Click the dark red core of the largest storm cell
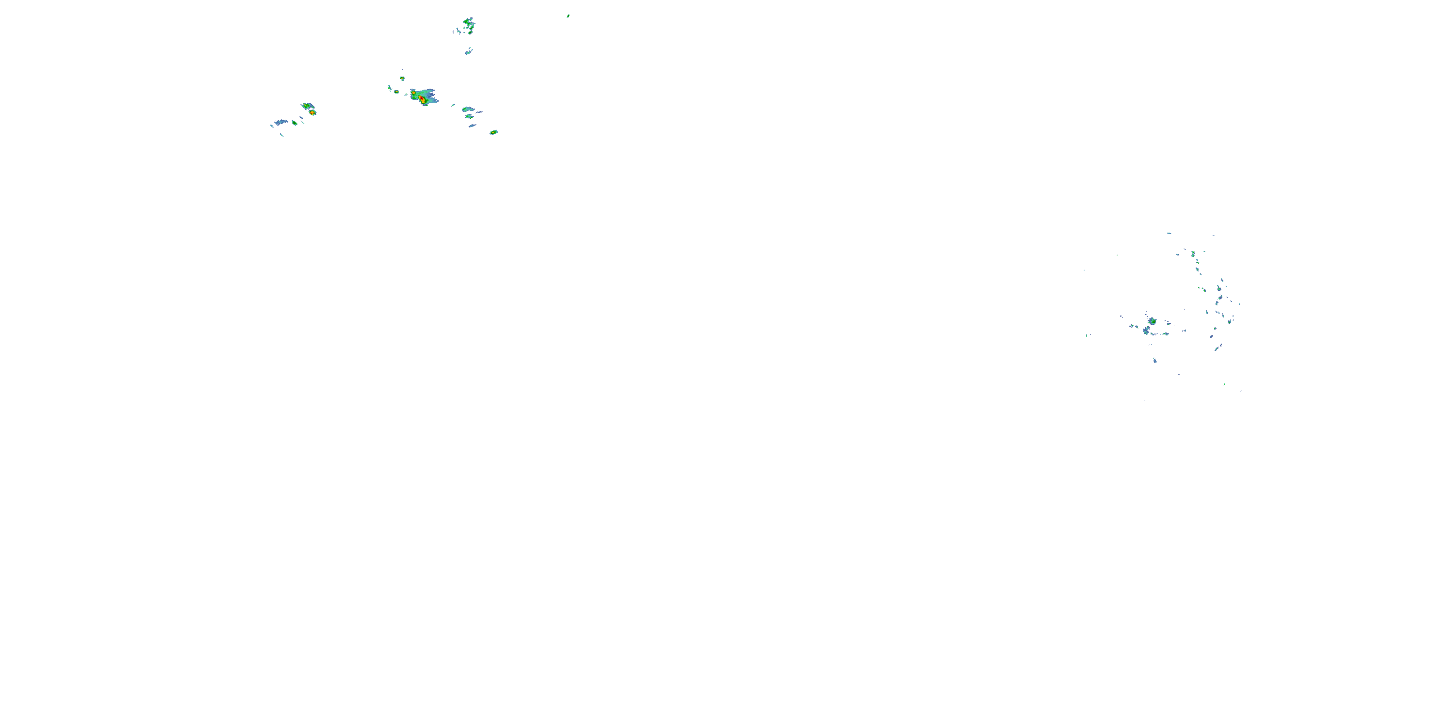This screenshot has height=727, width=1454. (x=422, y=99)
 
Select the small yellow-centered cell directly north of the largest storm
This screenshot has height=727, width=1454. (x=402, y=79)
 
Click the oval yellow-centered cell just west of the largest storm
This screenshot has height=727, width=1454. (x=396, y=92)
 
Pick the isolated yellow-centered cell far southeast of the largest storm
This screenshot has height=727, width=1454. (x=493, y=132)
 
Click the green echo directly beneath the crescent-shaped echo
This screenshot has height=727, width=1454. (x=469, y=117)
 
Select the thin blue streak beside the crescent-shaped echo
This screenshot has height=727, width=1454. (x=479, y=112)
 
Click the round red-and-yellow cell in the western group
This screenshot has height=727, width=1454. (x=312, y=112)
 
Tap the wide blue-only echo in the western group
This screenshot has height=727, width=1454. (x=281, y=122)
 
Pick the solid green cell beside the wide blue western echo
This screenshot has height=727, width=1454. (x=294, y=123)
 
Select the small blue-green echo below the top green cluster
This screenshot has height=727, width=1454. (x=469, y=52)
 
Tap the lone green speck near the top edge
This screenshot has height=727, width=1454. (x=568, y=16)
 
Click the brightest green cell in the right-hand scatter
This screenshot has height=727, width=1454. (x=1152, y=321)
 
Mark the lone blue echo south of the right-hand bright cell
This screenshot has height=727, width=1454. (x=1155, y=360)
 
